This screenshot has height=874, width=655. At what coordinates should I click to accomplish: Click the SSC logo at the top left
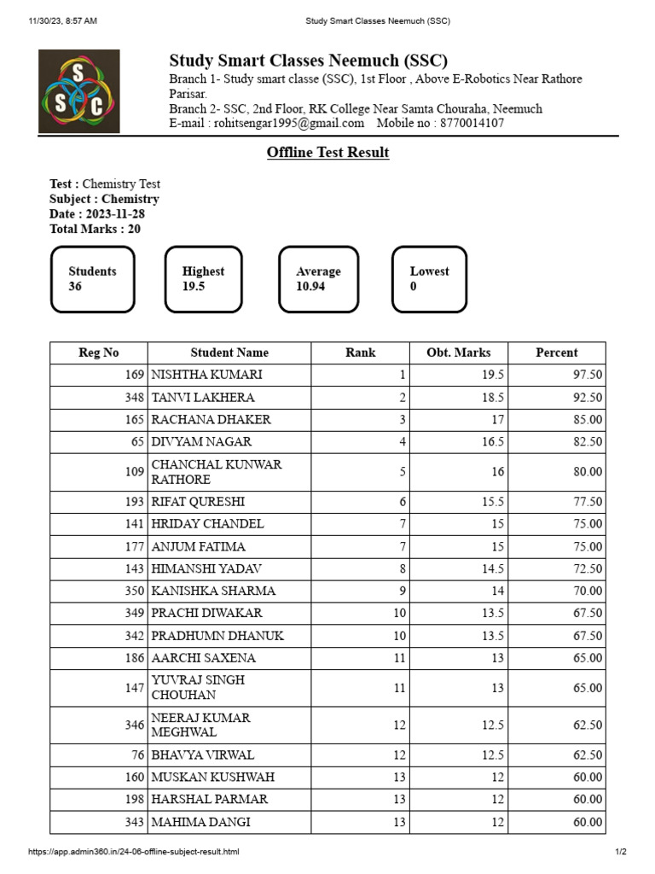[79, 91]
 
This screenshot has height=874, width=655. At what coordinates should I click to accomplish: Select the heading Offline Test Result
[327, 153]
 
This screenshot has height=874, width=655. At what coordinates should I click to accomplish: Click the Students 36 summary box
[92, 279]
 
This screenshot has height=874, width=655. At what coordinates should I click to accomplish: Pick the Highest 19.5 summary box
[203, 279]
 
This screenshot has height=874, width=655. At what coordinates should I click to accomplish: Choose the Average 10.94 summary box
[318, 279]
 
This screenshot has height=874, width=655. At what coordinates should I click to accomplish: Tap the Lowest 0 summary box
[429, 279]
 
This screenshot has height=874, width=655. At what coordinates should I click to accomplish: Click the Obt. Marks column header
[459, 353]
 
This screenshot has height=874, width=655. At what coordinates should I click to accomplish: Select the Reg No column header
[99, 353]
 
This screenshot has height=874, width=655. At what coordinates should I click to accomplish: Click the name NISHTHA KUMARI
[206, 375]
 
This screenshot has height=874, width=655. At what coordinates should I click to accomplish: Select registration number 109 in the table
[134, 472]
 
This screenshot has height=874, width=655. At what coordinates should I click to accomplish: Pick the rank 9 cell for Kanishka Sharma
[403, 591]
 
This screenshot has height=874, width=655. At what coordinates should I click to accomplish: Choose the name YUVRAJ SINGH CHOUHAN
[198, 687]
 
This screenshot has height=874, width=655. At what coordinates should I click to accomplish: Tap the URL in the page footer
[133, 852]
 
